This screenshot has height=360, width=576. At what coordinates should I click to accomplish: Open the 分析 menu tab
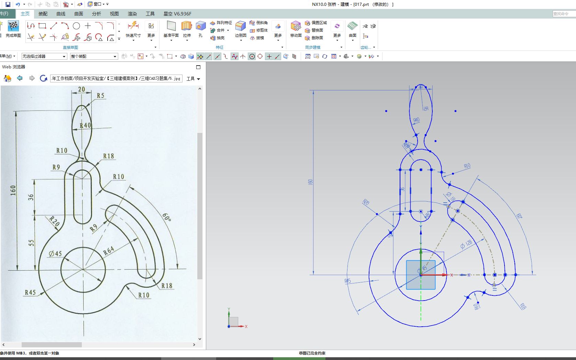click(96, 14)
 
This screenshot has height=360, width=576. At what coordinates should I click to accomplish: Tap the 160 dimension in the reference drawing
click(13, 190)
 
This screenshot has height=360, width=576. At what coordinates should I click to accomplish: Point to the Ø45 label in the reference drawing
click(55, 254)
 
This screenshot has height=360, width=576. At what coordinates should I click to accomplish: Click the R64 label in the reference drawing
click(108, 251)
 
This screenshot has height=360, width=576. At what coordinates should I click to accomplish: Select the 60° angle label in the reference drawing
click(167, 217)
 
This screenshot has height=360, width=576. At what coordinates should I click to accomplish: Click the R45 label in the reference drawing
click(30, 292)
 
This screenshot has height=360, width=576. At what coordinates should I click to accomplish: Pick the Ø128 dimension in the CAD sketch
click(466, 244)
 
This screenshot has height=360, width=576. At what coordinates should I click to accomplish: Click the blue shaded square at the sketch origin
click(421, 274)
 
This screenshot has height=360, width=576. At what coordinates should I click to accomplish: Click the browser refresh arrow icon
click(43, 78)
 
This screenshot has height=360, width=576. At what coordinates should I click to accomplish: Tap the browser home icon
click(7, 78)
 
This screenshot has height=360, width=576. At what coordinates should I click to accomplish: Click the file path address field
click(116, 78)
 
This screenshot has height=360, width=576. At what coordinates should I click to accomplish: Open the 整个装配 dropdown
click(94, 56)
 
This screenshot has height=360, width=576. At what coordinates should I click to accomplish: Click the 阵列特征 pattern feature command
click(221, 23)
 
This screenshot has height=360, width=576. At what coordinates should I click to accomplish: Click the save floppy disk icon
click(8, 4)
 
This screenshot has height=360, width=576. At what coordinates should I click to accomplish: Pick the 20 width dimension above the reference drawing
click(81, 89)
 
